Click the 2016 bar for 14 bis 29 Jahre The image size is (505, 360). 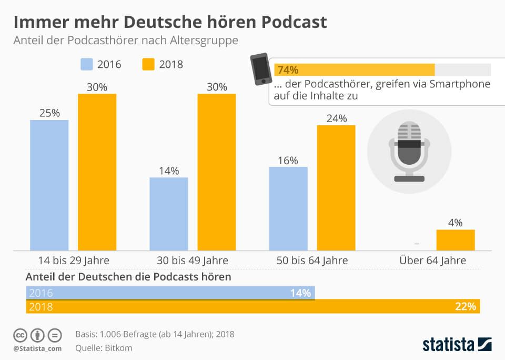click(49, 185)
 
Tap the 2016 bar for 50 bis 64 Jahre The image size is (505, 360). click(288, 208)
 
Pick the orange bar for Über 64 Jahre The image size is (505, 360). click(455, 240)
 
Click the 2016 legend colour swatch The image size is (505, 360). click(87, 64)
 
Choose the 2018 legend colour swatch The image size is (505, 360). click(148, 64)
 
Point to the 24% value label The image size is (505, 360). click(336, 118)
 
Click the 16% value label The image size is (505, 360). click(288, 160)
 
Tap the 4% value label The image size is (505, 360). click(455, 223)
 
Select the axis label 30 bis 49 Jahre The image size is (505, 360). click(193, 260)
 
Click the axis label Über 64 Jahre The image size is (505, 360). click(432, 260)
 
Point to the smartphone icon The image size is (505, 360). click(260, 69)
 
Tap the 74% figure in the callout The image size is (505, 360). click(288, 70)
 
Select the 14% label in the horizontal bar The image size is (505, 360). click(300, 293)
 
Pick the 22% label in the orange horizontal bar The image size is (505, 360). click(466, 306)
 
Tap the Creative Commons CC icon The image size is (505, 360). click(20, 335)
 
